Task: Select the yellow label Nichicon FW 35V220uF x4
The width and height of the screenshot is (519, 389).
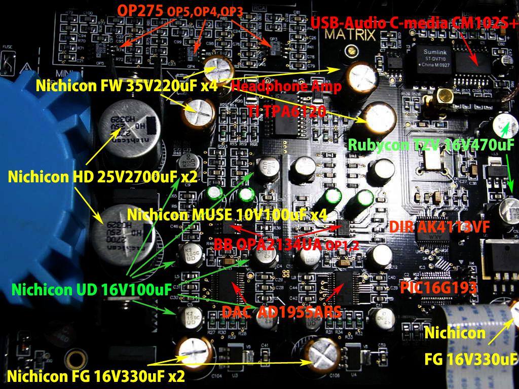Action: pyautogui.click(x=127, y=86)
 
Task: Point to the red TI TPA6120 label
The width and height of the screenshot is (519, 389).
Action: pyautogui.click(x=286, y=111)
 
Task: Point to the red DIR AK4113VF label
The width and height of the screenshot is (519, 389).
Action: pyautogui.click(x=439, y=227)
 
